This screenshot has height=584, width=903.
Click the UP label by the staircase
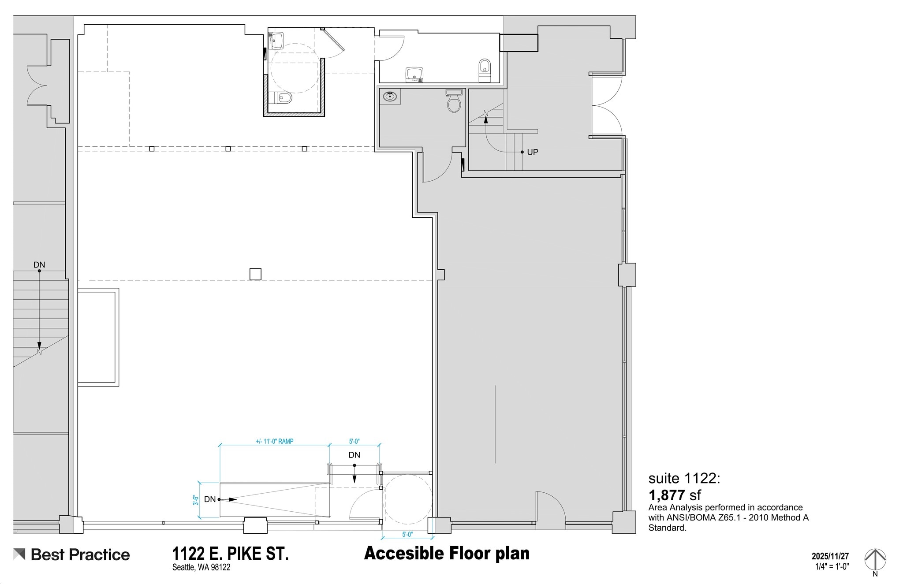point(532,152)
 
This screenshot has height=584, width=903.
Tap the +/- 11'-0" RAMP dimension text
point(274,441)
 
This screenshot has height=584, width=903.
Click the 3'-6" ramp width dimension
point(195,500)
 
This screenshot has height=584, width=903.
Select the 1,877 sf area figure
point(675,495)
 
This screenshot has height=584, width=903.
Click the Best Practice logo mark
point(19,554)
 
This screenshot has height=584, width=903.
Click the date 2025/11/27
point(830,557)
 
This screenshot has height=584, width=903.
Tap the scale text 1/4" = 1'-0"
point(832,566)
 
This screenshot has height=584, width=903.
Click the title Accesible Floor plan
point(447,554)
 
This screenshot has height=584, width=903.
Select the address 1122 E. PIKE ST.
point(230,554)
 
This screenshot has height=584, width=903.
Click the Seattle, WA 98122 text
point(201,567)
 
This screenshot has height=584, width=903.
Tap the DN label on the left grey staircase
point(39,265)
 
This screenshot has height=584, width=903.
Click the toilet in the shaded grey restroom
point(454,102)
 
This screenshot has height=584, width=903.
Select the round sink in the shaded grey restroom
point(390,96)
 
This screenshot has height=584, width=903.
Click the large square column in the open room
point(255,274)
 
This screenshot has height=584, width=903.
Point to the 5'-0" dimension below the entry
point(407,535)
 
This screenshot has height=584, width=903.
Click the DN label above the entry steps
point(354,455)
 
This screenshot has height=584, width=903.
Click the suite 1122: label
point(684,478)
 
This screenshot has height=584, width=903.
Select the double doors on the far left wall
point(37,86)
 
